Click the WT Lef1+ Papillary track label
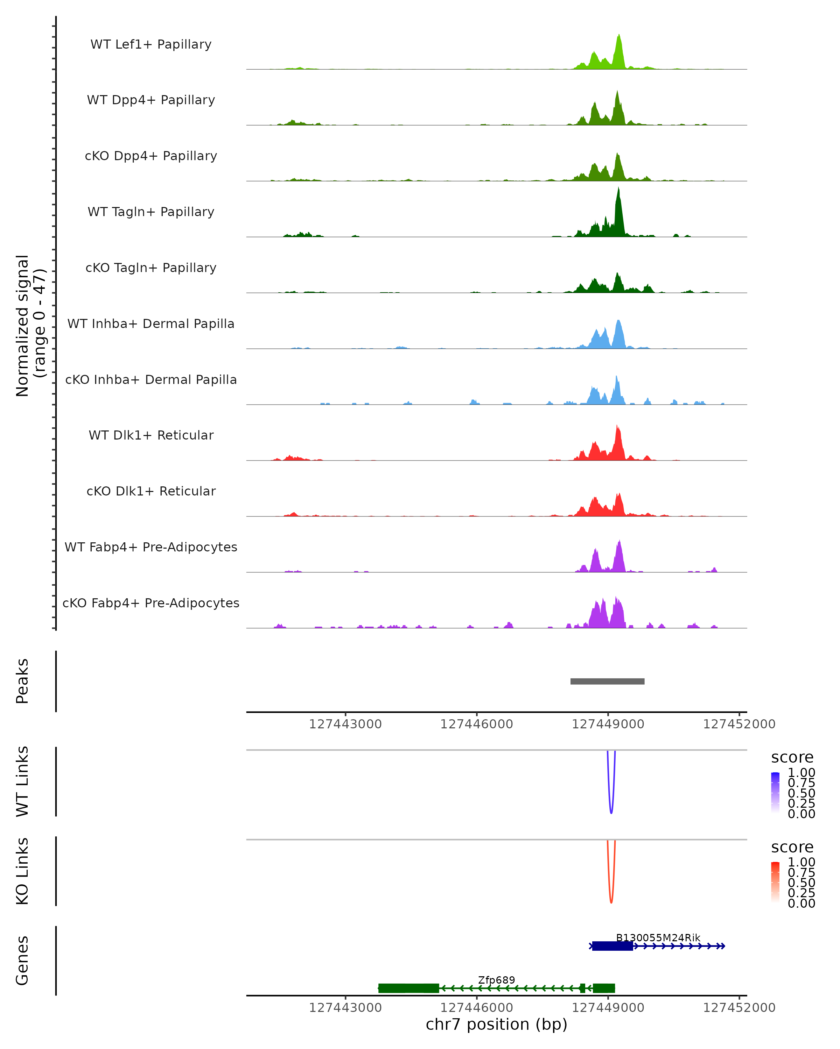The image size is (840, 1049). coord(151,44)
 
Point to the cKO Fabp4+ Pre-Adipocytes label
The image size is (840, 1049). coord(151,603)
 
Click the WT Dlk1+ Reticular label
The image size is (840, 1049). coord(151,435)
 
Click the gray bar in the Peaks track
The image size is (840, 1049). coord(607,681)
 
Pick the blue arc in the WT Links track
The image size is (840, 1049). coord(611,810)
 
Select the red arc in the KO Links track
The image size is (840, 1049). coord(611,900)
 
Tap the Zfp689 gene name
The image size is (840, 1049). coord(496,980)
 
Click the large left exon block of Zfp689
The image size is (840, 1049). coord(408,988)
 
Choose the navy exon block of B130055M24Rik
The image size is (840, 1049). coord(612,946)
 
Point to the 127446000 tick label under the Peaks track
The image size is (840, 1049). coord(476,724)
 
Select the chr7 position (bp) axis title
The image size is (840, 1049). coord(496,1025)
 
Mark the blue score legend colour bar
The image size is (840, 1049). coord(775,793)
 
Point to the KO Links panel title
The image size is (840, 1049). coord(22,871)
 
